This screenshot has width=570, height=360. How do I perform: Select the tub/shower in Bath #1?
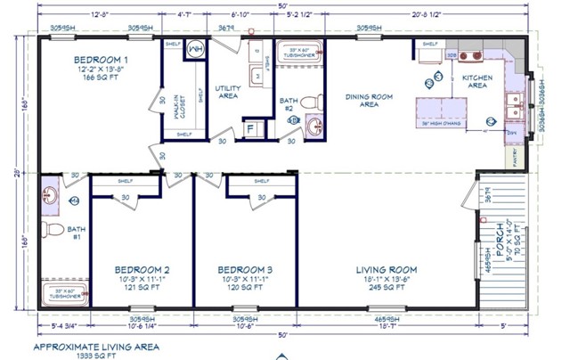(66, 294)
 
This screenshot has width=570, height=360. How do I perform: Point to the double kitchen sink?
(514, 105)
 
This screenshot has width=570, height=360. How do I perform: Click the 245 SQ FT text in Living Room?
(387, 289)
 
